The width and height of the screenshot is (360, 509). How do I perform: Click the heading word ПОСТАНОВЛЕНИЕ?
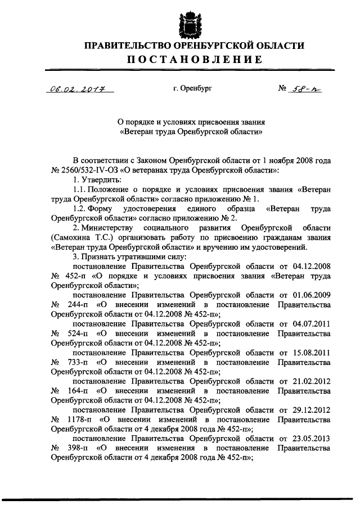click(x=193, y=60)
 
